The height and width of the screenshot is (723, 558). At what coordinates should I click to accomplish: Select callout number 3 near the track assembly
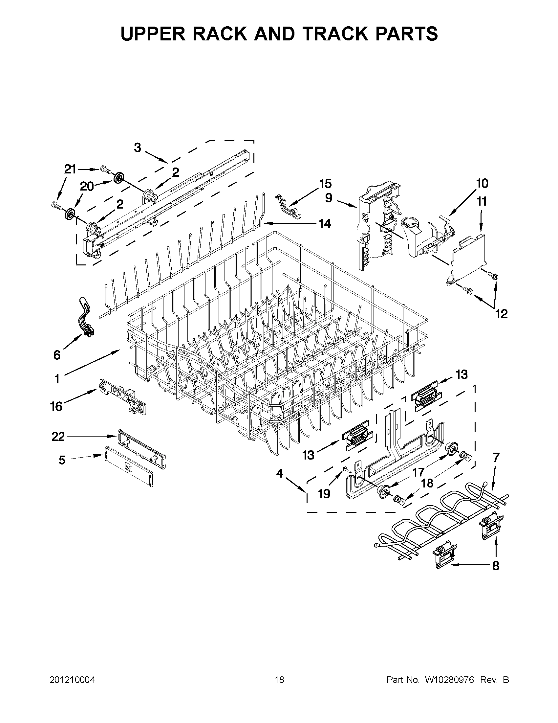coord(138,148)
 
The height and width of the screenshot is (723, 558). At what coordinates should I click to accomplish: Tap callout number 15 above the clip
coord(326,183)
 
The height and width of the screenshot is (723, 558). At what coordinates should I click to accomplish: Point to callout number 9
coord(329,198)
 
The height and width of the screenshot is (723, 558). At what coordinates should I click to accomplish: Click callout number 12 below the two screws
coord(502,314)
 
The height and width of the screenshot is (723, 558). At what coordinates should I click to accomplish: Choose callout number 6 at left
coord(57,355)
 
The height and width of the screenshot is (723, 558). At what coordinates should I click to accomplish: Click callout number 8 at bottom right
coord(496,566)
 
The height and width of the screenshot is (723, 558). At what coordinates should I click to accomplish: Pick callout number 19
coord(324,494)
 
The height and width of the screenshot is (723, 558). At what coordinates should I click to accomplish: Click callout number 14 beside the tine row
coord(325,224)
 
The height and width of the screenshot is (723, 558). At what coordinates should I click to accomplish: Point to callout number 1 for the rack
coord(57,379)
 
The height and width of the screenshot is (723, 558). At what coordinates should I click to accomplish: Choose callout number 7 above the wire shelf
coord(496,458)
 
